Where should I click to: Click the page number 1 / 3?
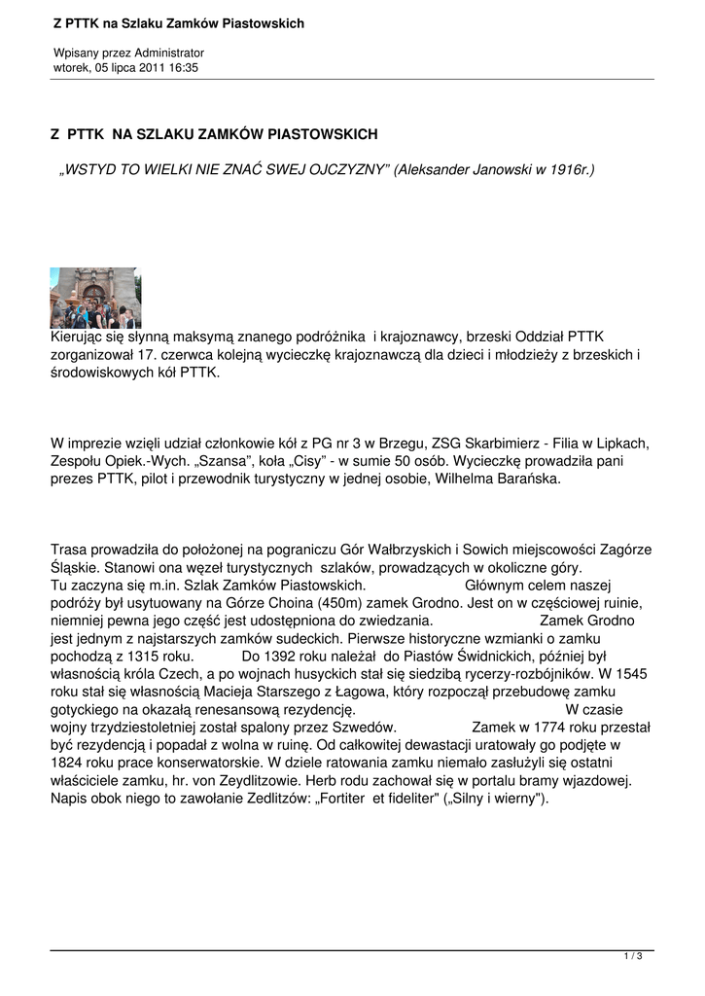tap(633, 957)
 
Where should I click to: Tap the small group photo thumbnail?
tap(95, 298)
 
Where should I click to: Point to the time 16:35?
tap(184, 67)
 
